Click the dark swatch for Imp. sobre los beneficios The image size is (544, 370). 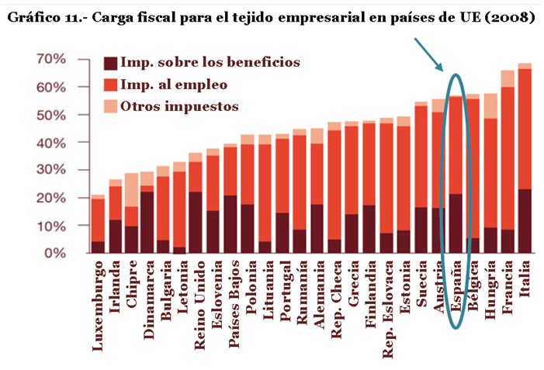click(112, 63)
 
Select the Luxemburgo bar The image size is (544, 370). click(98, 225)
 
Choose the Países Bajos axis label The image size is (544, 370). click(234, 303)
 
